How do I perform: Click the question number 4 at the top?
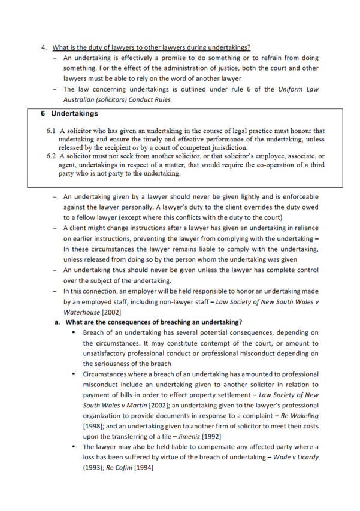click(x=44, y=48)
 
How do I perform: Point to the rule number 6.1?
click(x=51, y=131)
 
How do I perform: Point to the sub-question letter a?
click(x=56, y=322)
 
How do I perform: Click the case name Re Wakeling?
click(x=299, y=416)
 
